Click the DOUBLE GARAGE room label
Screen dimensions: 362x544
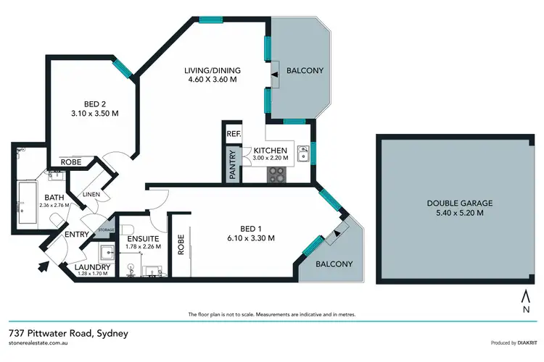tap(456, 204)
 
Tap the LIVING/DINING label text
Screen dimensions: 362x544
tap(212, 70)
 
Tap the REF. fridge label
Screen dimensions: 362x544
tap(234, 134)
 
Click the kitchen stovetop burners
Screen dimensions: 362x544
tap(278, 174)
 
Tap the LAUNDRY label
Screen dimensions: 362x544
tap(93, 267)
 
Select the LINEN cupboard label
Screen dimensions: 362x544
tap(91, 194)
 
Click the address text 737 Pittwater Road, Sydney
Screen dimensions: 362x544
tap(68, 334)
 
